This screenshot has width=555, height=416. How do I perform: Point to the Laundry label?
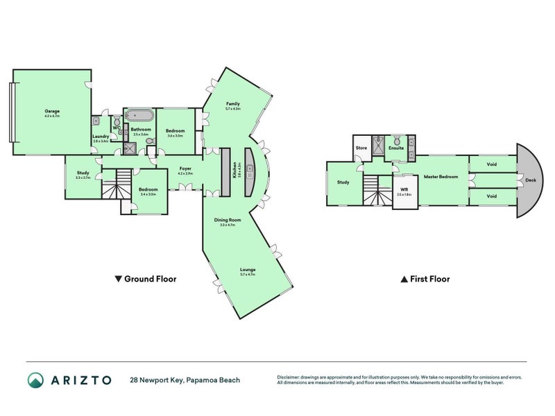click(101, 137)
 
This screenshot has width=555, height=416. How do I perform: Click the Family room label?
click(232, 103)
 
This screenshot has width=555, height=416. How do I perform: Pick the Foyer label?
click(185, 168)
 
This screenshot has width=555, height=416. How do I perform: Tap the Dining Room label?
click(228, 220)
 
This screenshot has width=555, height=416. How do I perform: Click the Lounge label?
click(248, 270)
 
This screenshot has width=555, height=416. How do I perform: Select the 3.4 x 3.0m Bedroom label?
click(148, 190)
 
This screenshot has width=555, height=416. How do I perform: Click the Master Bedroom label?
click(441, 177)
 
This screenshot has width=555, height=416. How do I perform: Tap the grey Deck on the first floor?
click(530, 180)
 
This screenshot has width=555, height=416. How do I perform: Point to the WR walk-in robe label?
click(404, 189)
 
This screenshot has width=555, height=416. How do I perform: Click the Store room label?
click(361, 148)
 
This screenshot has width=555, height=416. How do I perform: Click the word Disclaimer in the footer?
click(290, 377)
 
